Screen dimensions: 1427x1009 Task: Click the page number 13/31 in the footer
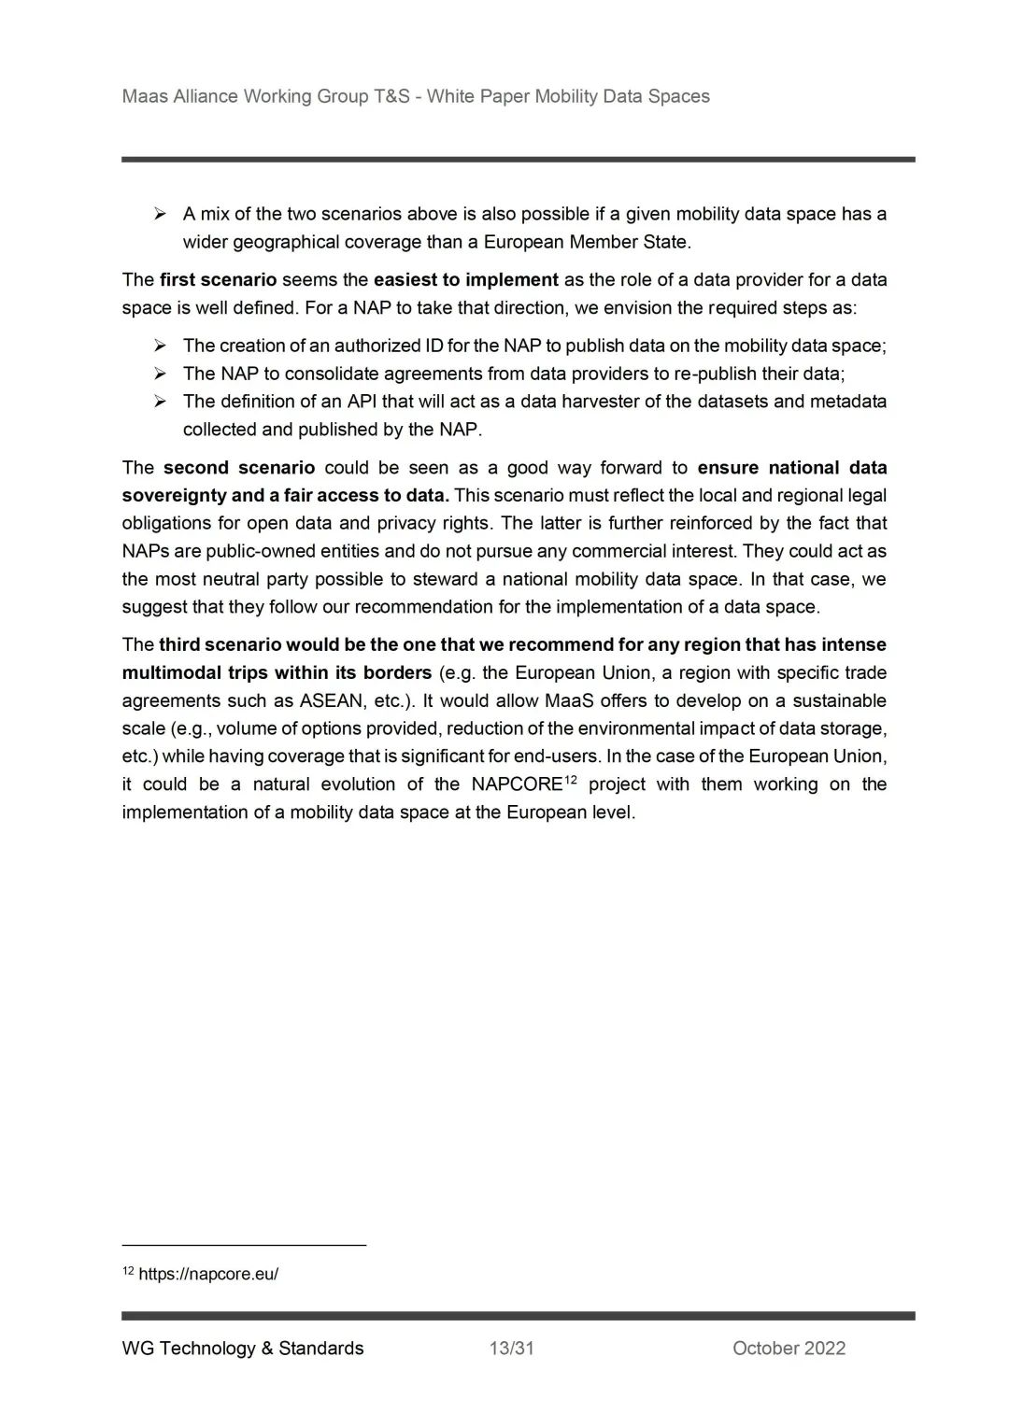click(x=511, y=1348)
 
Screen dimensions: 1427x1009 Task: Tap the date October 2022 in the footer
click(x=789, y=1348)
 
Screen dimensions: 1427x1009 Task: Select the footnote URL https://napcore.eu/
click(x=208, y=1274)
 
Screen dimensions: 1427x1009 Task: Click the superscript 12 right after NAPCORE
click(x=571, y=779)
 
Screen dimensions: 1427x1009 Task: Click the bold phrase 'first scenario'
click(x=218, y=279)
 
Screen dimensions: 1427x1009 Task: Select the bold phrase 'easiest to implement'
click(x=465, y=279)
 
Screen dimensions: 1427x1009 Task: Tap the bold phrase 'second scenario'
click(x=238, y=467)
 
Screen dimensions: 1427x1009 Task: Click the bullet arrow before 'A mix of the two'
click(x=161, y=214)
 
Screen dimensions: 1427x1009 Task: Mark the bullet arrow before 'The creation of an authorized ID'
click(x=161, y=346)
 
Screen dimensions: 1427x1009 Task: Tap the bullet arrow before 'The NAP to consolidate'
click(x=161, y=374)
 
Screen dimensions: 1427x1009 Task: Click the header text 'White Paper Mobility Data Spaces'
click(x=568, y=96)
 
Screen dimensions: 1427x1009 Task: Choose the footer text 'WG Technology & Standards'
click(x=243, y=1348)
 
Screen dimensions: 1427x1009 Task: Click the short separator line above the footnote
click(x=244, y=1245)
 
